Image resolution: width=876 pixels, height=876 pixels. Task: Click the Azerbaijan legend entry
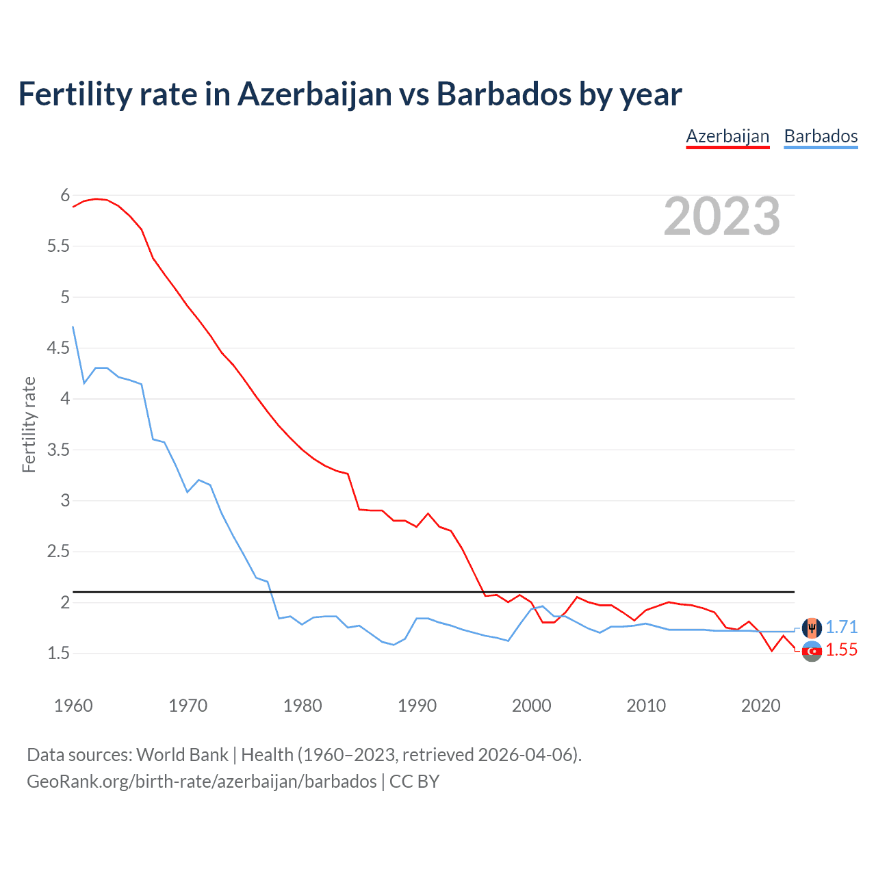point(727,136)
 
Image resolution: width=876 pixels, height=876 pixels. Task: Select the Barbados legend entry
point(821,136)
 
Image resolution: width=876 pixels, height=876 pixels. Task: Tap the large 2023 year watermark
point(722,216)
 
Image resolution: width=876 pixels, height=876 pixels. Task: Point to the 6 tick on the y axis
point(65,196)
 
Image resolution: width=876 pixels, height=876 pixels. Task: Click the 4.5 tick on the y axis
point(58,348)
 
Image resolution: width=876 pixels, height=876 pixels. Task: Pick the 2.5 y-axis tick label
point(58,552)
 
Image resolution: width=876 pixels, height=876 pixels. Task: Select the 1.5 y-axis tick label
point(58,654)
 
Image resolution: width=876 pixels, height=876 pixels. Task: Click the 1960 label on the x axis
point(73,706)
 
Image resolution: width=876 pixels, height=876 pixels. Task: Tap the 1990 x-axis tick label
point(417,706)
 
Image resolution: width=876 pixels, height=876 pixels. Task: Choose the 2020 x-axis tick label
point(760,706)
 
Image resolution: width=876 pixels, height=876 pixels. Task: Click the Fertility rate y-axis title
point(29,424)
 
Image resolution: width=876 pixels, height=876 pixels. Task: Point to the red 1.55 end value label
point(841,650)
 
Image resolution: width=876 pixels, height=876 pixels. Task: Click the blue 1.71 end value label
point(841,627)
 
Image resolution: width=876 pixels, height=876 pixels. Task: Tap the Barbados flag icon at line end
point(812,627)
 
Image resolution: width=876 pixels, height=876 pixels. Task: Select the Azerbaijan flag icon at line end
point(812,652)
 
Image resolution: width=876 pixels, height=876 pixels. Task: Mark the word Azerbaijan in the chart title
point(315,94)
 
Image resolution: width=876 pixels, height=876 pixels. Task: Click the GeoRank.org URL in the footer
point(201,782)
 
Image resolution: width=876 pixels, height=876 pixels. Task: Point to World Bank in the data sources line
point(182,755)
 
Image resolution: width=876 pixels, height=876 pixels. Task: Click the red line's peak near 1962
point(96,198)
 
